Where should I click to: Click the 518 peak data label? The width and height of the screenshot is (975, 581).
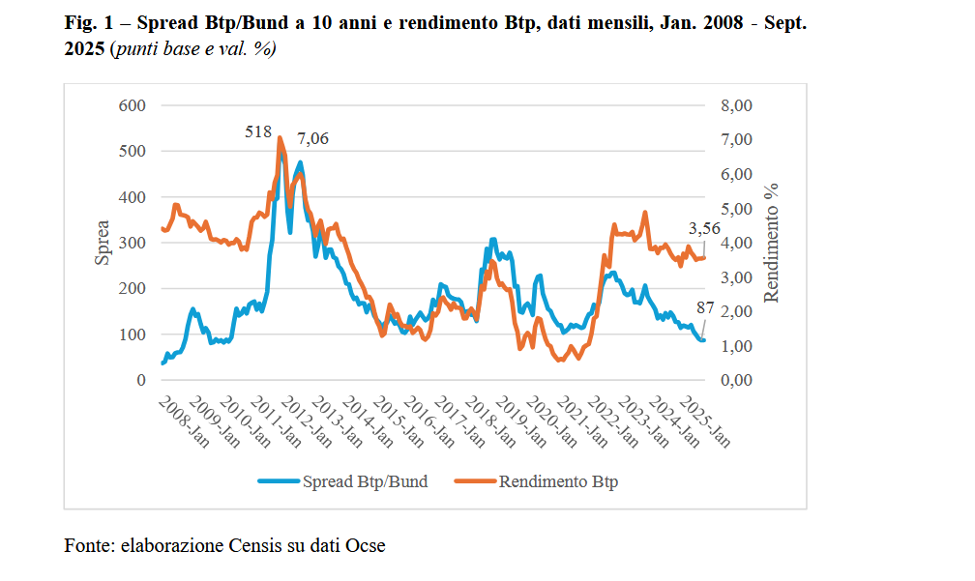click(x=258, y=132)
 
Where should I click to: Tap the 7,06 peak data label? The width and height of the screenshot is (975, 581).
click(x=312, y=138)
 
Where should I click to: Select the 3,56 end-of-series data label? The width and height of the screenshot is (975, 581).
click(x=705, y=228)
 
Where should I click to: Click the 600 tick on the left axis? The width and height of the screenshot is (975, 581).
click(x=133, y=105)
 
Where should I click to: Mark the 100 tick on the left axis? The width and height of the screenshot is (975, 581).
click(x=133, y=334)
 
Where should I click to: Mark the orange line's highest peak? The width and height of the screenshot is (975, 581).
click(x=280, y=138)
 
